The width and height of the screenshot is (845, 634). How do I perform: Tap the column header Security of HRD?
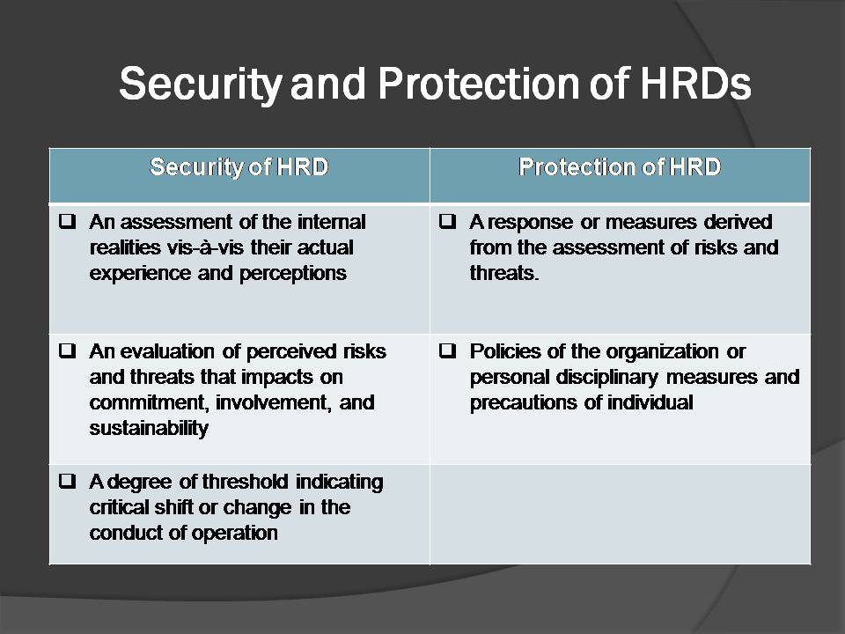[239, 166]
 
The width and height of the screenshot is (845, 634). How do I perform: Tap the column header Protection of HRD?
[620, 166]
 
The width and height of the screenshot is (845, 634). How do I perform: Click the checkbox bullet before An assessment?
[67, 222]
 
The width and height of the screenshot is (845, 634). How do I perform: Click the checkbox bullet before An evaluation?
[67, 351]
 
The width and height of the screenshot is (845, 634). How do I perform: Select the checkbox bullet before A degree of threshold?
[67, 482]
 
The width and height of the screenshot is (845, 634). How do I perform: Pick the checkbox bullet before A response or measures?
[447, 222]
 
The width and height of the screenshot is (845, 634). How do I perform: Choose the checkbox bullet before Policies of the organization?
[447, 351]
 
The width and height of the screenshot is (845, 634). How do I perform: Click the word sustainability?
[149, 429]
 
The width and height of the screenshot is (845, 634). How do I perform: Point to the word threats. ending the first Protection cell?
[504, 273]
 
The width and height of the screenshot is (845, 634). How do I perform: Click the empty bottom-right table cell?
[620, 514]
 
